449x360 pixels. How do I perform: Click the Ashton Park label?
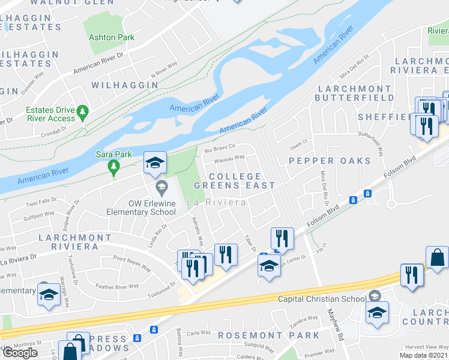[x=112, y=37]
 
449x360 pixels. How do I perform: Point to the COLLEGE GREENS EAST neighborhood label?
[x=235, y=181]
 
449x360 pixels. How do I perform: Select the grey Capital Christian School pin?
[x=375, y=295]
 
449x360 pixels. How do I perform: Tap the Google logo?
[x=20, y=353]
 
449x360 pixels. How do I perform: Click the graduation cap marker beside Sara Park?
[x=155, y=162]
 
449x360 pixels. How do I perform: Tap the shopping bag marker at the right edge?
[x=437, y=257]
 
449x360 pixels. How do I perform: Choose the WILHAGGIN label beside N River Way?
[x=125, y=85]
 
